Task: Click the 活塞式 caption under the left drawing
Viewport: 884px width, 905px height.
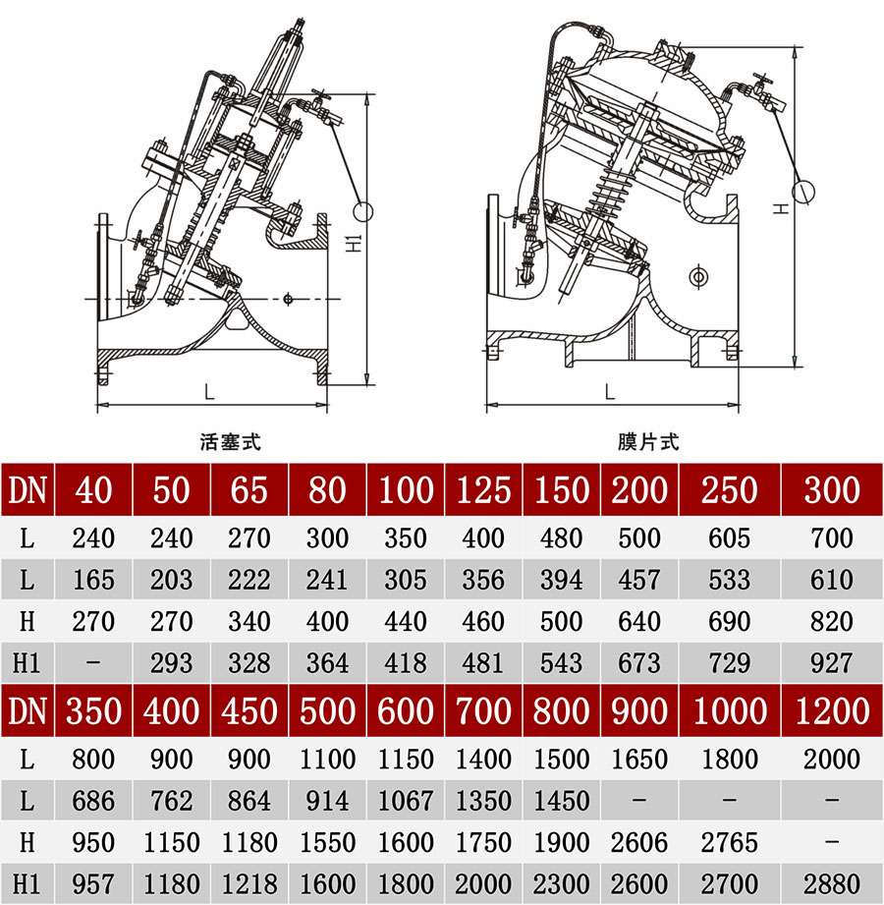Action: click(230, 442)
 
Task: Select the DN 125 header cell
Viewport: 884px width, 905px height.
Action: click(484, 489)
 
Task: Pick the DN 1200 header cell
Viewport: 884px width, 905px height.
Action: click(831, 709)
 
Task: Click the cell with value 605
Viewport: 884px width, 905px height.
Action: click(730, 538)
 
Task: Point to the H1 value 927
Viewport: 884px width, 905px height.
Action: click(831, 663)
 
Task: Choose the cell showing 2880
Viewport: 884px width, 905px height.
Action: click(831, 883)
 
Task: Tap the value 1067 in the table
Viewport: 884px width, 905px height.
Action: click(406, 801)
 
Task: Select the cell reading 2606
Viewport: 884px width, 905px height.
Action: click(639, 842)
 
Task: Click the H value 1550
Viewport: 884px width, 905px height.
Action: click(327, 842)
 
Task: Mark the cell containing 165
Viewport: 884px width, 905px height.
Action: click(93, 580)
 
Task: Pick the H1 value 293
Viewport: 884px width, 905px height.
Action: click(171, 663)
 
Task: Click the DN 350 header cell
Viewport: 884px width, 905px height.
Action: click(93, 709)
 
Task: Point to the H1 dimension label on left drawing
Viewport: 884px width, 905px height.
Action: click(355, 243)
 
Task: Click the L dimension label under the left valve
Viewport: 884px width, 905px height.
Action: click(209, 391)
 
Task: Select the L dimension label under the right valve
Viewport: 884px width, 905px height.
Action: click(610, 391)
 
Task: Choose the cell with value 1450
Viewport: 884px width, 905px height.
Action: click(562, 801)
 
